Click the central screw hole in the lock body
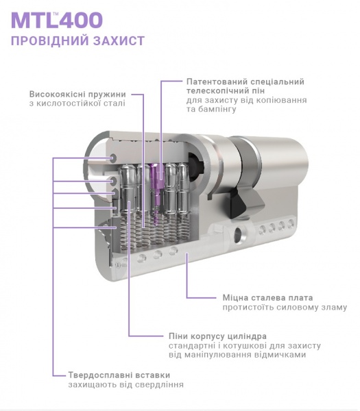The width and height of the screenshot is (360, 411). [239, 234]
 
